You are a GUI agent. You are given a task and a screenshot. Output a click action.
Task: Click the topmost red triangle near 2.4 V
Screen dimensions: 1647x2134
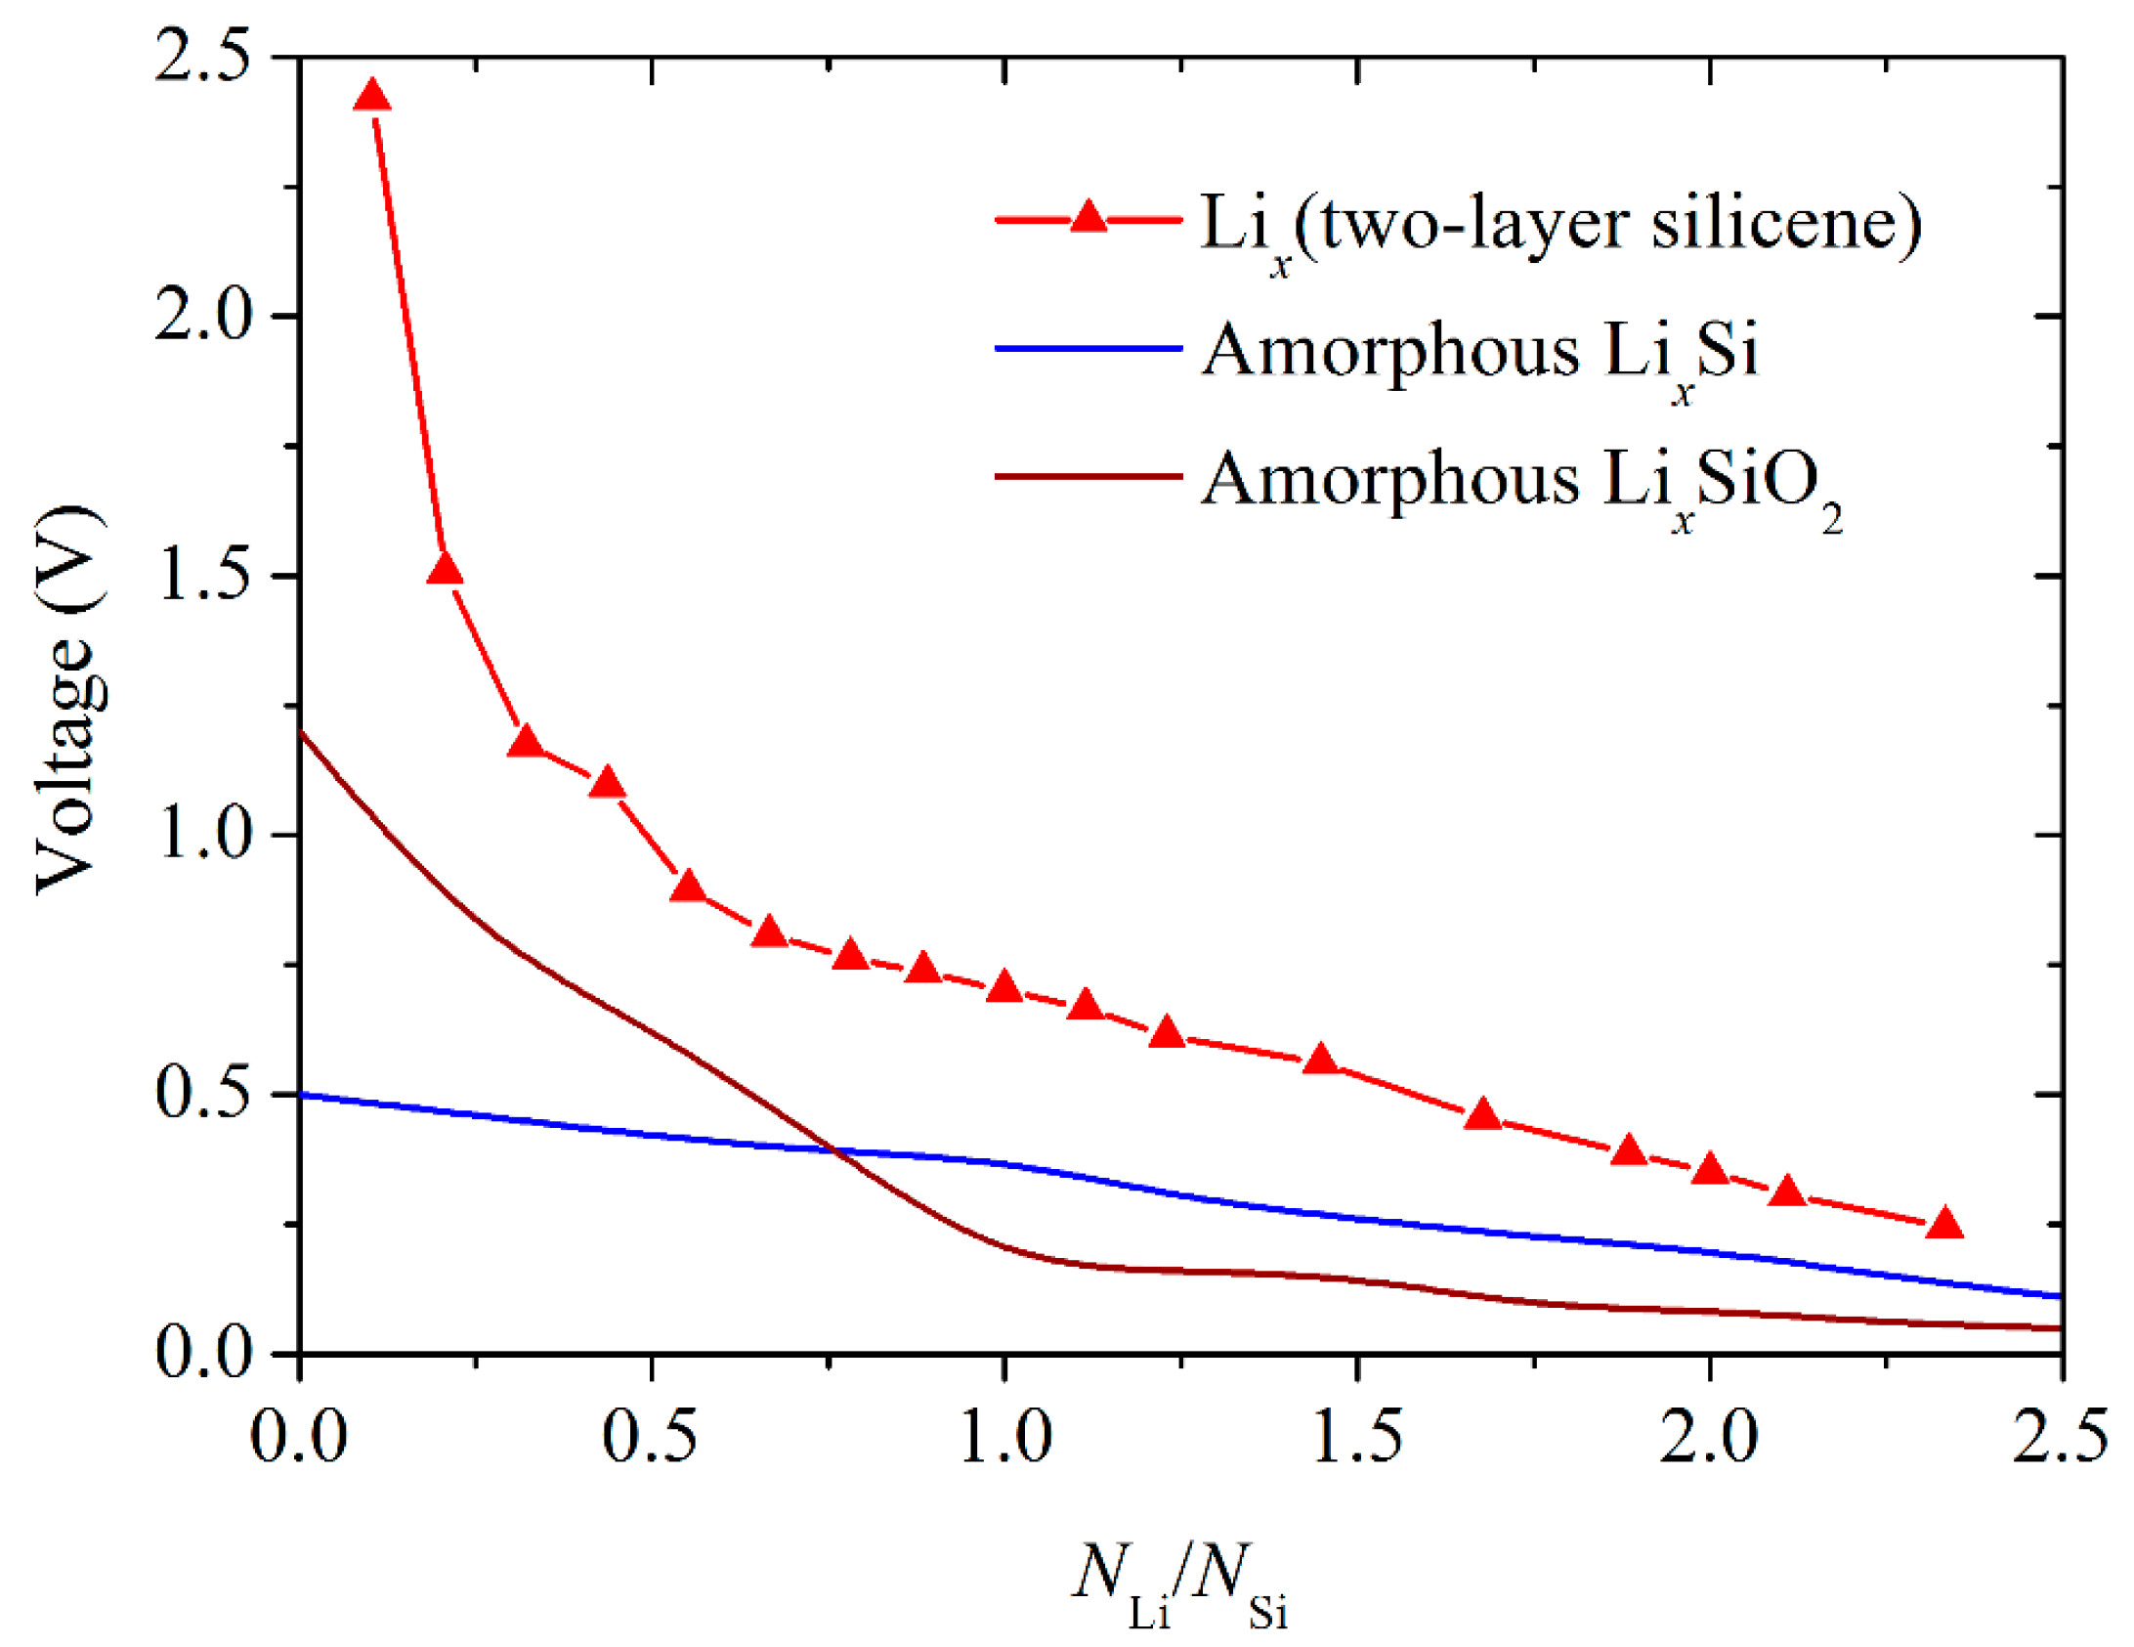pos(371,97)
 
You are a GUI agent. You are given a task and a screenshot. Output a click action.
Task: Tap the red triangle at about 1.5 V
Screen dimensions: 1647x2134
pos(445,569)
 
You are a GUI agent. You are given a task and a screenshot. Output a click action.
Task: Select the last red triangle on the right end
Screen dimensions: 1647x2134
pos(1944,1224)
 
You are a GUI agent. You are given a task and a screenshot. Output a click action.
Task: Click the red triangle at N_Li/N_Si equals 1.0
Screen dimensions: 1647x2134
pos(1004,988)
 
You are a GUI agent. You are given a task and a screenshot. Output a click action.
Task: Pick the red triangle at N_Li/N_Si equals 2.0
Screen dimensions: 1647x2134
pos(1710,1169)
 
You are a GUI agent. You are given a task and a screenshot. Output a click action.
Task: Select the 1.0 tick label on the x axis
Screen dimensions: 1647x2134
pos(1004,1438)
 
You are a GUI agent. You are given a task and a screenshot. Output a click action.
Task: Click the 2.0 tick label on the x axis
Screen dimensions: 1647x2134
pos(1709,1438)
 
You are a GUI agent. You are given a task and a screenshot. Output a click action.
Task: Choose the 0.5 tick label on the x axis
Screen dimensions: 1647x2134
pos(650,1438)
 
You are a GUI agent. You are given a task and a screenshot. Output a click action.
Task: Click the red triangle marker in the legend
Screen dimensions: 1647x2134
pos(1088,216)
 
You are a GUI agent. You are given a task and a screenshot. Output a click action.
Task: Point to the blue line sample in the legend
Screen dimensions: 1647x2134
pos(1088,348)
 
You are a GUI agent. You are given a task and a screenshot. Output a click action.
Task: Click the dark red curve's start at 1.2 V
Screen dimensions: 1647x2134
pos(302,732)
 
